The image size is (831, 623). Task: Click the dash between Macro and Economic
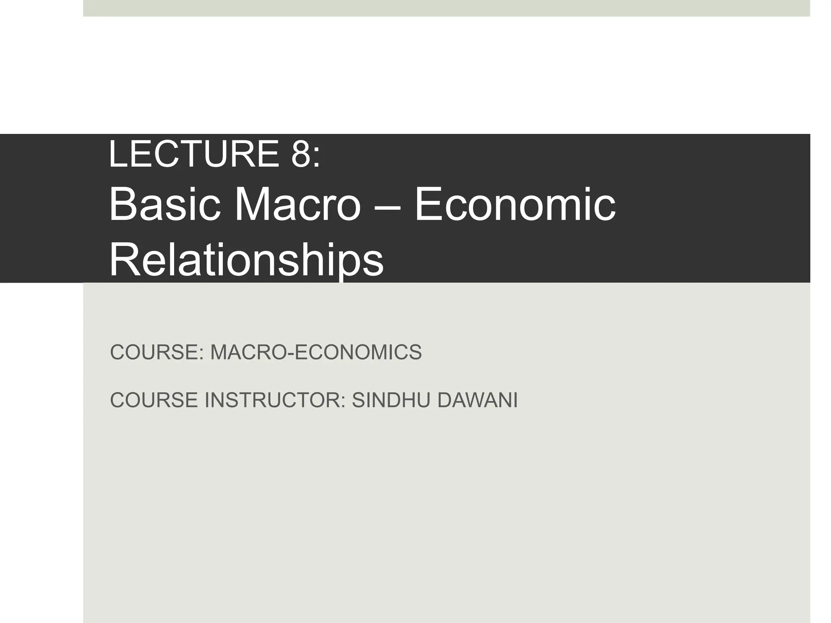tap(388, 208)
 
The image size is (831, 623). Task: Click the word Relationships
tap(246, 260)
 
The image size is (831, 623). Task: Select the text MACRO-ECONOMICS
tap(316, 352)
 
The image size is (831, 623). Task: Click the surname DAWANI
tap(478, 400)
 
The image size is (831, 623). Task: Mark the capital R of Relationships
tap(124, 260)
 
